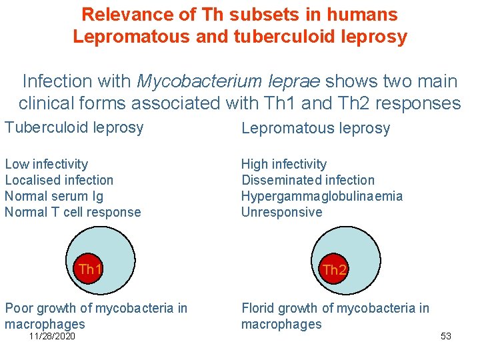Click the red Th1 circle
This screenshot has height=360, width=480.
coord(89,270)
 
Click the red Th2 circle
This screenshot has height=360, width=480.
coord(334,270)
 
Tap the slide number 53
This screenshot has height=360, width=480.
coord(446,336)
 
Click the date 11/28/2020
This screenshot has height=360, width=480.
coord(52,336)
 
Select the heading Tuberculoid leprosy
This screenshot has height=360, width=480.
coord(74,127)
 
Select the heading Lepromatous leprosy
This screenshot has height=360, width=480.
coord(315,128)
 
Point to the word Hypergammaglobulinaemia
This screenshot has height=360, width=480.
coord(322,196)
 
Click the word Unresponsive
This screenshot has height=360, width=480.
coord(281,212)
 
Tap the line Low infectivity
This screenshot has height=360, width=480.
coord(47,164)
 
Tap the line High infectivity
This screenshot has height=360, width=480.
coord(284,164)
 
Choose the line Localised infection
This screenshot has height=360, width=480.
coord(59,180)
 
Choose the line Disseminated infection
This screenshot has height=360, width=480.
coord(308,180)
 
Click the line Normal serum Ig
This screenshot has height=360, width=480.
coord(54,196)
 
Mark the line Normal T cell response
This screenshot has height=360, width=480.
coord(73,212)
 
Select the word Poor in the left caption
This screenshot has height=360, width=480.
coord(19,308)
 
